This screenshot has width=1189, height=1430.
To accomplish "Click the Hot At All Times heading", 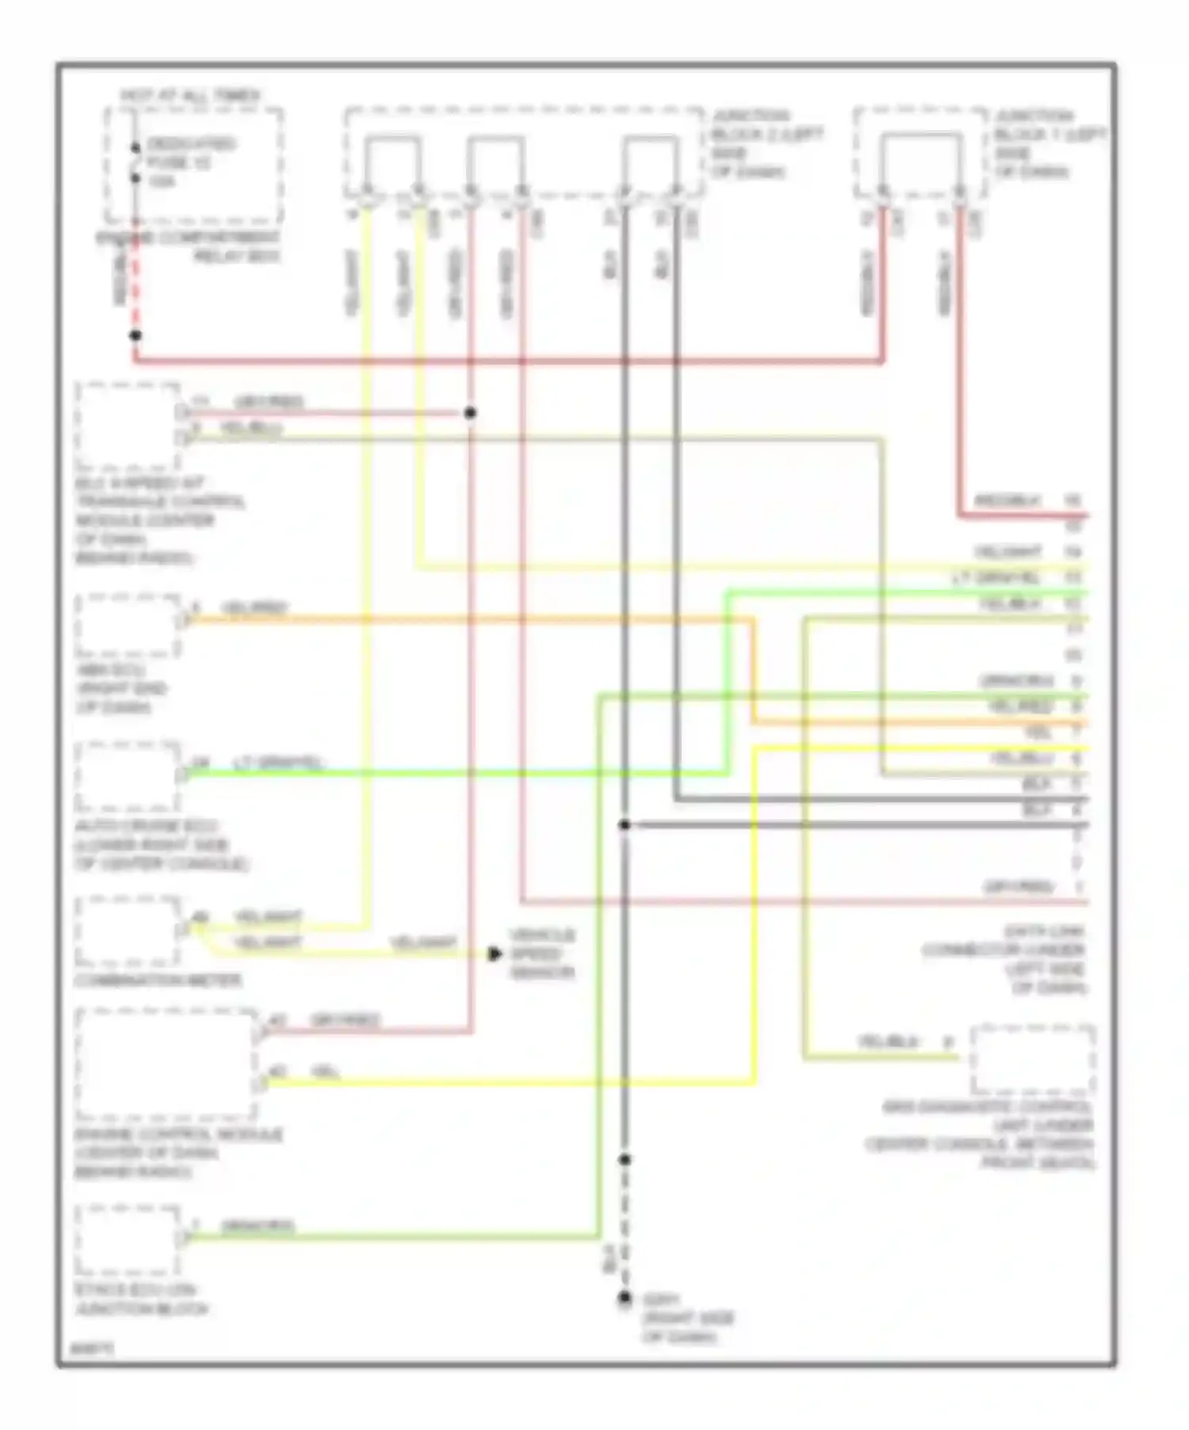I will (190, 96).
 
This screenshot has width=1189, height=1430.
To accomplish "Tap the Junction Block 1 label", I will (1049, 143).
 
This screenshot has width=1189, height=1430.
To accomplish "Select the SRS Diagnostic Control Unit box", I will (1034, 1059).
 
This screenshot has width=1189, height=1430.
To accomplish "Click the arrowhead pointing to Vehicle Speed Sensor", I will (495, 954).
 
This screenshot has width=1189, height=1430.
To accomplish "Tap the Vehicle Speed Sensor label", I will (542, 954).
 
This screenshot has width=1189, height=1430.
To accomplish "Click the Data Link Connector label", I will (1005, 959).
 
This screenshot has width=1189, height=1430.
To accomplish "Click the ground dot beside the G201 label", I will (625, 1298).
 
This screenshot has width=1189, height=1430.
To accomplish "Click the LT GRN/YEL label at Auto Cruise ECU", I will (277, 763).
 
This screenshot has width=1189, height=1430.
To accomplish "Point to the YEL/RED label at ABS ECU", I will (254, 609).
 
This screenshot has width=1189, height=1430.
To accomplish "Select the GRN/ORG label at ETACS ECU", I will (258, 1226).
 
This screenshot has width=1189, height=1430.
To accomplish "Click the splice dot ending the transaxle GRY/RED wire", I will (470, 413).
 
